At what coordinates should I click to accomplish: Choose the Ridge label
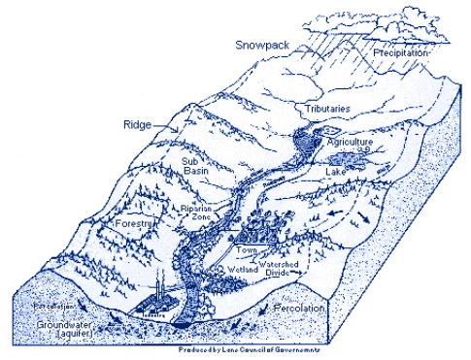(137, 124)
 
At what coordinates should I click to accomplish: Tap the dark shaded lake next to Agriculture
(360, 155)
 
